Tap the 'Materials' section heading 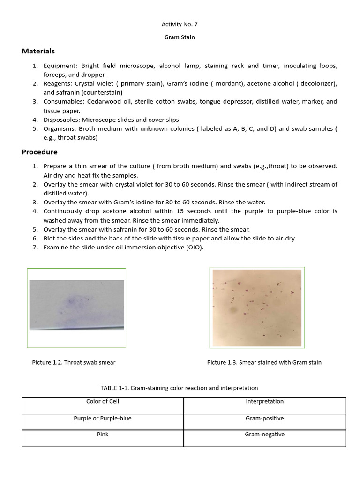tap(38, 51)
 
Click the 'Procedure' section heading tap(39, 152)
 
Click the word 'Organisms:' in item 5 tap(60, 128)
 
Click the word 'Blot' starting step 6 tap(50, 239)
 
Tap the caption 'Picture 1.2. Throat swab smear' tap(74, 362)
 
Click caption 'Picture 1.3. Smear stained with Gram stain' tap(264, 362)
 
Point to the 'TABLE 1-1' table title tap(180, 388)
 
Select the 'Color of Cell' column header tap(103, 401)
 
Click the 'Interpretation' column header tap(264, 401)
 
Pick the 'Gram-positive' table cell tap(264, 418)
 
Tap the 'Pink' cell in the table tap(103, 435)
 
